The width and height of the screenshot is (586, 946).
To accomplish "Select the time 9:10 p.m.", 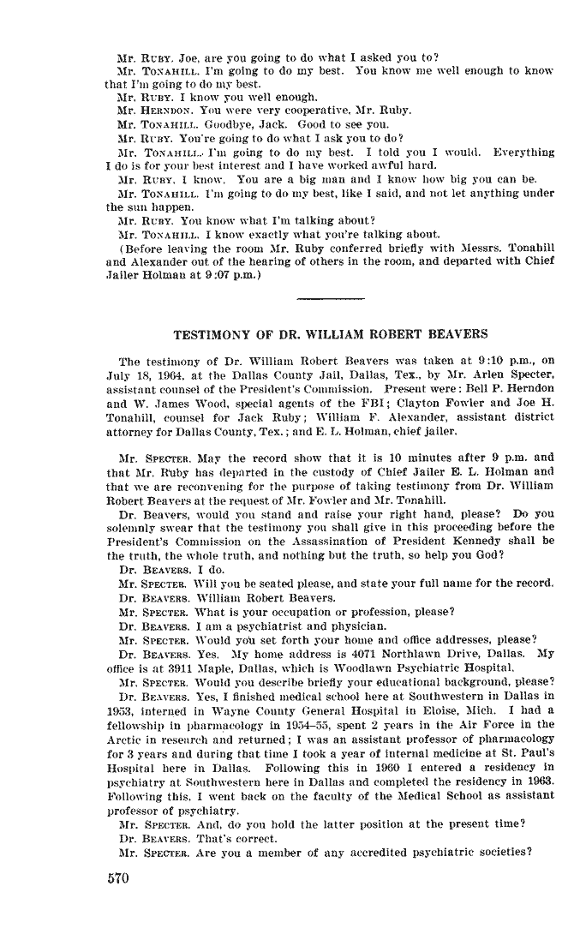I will click(478, 361).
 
